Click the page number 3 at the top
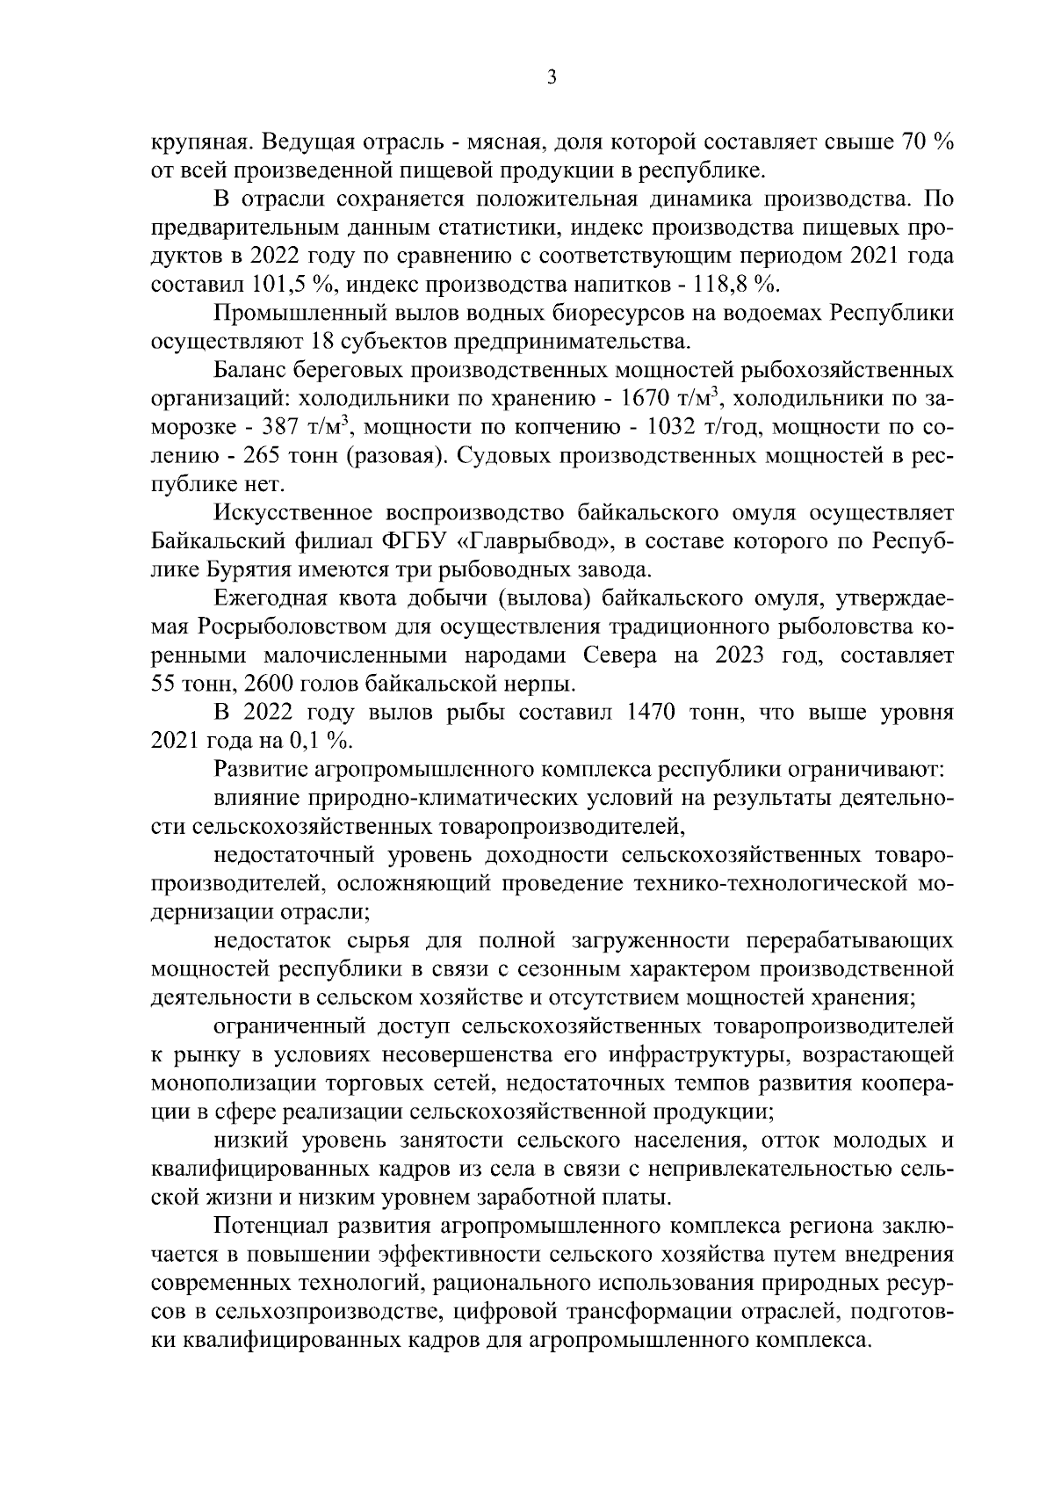[x=551, y=77]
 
